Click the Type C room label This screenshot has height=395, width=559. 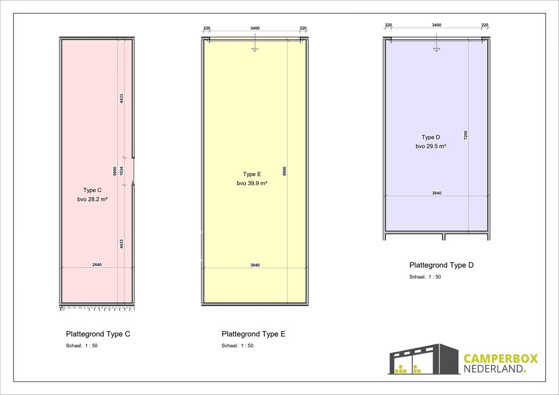(x=92, y=190)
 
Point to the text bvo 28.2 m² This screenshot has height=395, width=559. (x=92, y=200)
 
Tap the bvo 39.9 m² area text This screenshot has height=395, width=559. (x=252, y=183)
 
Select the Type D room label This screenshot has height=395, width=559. (x=431, y=137)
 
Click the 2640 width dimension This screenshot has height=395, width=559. (x=97, y=265)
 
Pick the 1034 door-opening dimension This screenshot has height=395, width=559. (x=121, y=171)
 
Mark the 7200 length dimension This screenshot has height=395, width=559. (x=466, y=135)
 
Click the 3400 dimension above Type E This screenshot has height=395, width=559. (x=255, y=28)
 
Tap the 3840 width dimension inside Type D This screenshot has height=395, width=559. (x=437, y=193)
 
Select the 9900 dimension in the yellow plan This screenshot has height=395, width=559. (x=284, y=171)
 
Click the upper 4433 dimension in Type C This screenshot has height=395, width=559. (x=121, y=99)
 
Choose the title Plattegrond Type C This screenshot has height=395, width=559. (x=98, y=334)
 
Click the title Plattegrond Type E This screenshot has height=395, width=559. (x=253, y=334)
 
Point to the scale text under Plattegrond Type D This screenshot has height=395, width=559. (x=425, y=277)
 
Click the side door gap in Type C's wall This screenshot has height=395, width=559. (x=133, y=171)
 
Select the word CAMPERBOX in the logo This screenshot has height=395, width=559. (x=501, y=358)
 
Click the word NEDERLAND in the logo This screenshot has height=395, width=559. (x=493, y=369)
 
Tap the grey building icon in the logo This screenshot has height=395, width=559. (x=424, y=359)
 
